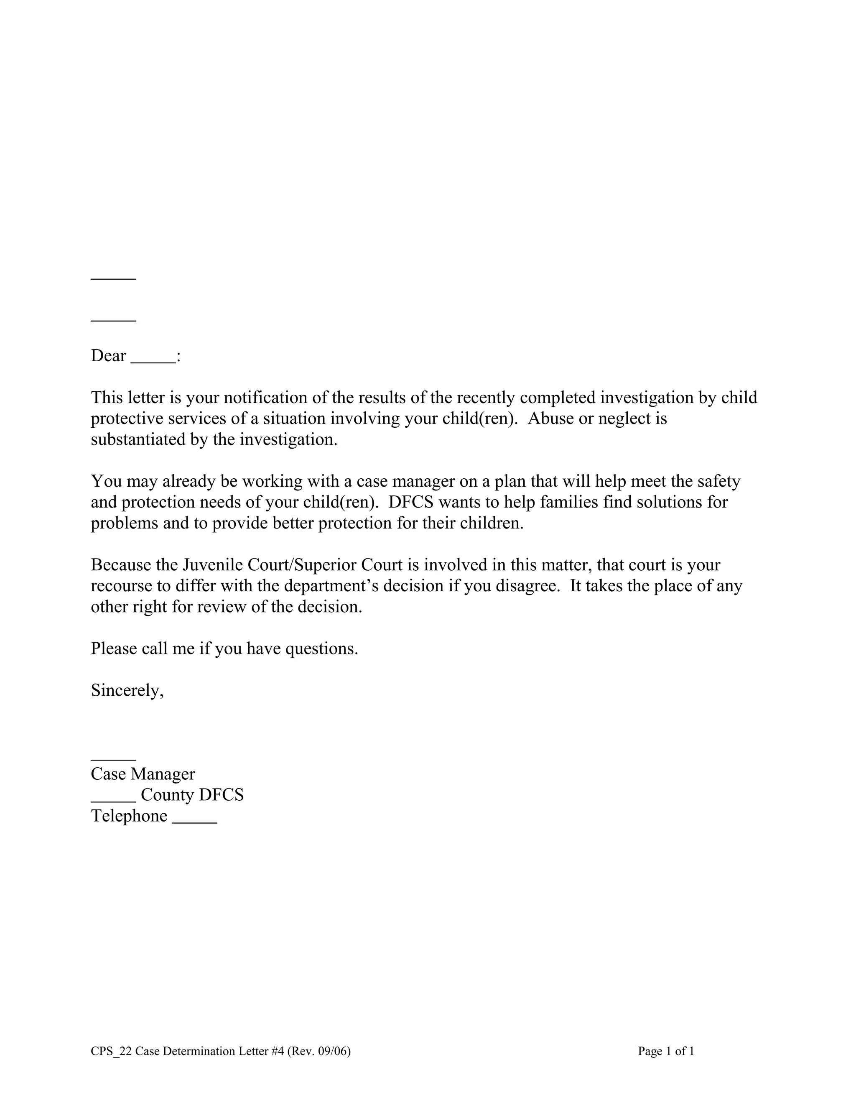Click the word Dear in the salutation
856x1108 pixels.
(108, 356)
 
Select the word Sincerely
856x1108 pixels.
(127, 690)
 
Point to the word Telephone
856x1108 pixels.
(129, 816)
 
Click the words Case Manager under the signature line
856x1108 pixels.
(143, 774)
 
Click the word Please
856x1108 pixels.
(114, 649)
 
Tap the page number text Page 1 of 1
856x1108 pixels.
(666, 1051)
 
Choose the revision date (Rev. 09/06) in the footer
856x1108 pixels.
(318, 1051)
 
